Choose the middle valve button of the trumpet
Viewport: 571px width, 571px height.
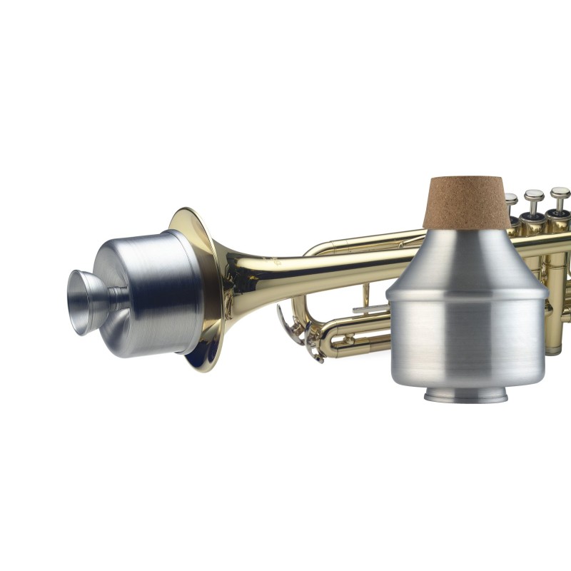(534, 196)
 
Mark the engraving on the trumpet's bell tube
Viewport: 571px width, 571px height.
(275, 263)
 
